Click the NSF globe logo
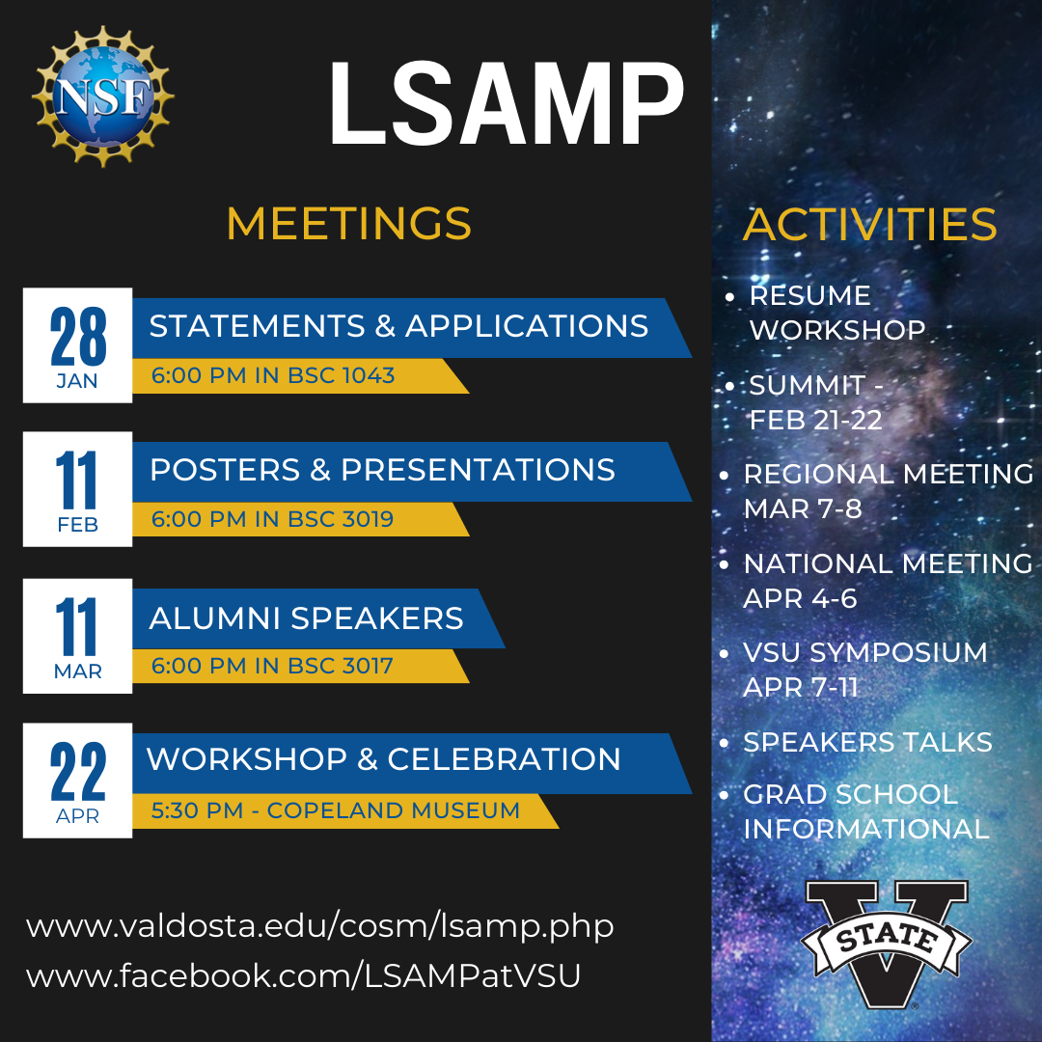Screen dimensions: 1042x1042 click(102, 96)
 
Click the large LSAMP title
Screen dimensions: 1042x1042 click(506, 103)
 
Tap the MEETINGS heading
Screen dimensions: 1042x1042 click(348, 223)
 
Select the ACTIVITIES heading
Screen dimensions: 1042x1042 click(869, 225)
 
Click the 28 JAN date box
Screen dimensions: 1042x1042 click(77, 344)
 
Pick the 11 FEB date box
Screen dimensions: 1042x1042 click(77, 490)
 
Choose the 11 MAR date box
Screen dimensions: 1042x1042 click(77, 636)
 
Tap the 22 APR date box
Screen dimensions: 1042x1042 click(77, 780)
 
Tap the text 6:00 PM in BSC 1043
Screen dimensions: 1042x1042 click(273, 375)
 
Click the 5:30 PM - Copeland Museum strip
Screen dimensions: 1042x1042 click(335, 810)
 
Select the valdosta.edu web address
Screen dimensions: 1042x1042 click(319, 927)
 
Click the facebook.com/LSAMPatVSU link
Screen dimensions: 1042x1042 click(304, 975)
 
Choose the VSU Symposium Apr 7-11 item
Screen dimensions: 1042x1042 click(864, 670)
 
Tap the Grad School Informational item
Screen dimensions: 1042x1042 click(864, 811)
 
